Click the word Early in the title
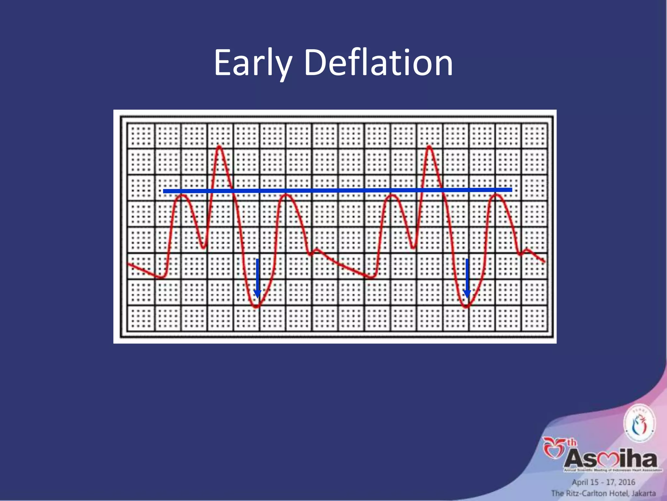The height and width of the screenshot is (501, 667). [253, 63]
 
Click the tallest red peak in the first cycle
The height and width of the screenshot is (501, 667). [220, 146]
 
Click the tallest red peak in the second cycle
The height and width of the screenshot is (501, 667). [429, 146]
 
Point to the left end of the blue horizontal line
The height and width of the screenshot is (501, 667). [164, 191]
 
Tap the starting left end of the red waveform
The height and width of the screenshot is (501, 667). [129, 264]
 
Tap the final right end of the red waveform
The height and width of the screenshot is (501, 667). [544, 261]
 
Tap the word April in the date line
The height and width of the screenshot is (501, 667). [580, 482]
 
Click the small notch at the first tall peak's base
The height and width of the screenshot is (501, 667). [204, 247]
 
